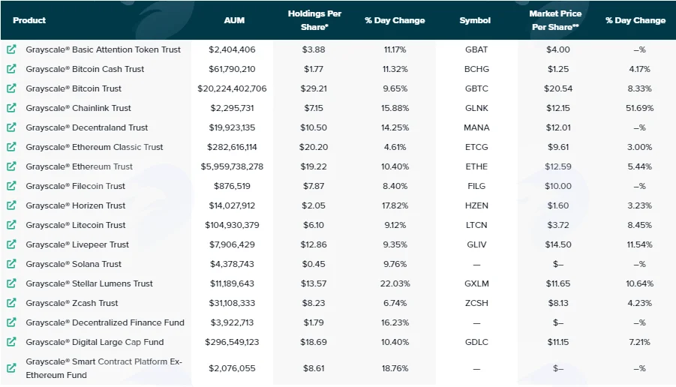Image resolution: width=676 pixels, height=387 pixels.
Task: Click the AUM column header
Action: pyautogui.click(x=234, y=20)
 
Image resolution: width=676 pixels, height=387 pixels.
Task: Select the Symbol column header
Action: pyautogui.click(x=475, y=20)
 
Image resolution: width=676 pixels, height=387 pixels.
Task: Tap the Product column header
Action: pyautogui.click(x=29, y=20)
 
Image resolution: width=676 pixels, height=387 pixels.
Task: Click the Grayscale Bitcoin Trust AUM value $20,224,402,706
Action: pyautogui.click(x=232, y=88)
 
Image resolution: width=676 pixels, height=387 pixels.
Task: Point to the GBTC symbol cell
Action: pyautogui.click(x=476, y=88)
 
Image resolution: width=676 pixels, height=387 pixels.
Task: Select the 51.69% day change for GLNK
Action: pyautogui.click(x=639, y=108)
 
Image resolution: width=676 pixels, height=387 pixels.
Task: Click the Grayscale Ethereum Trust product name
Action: pyautogui.click(x=79, y=166)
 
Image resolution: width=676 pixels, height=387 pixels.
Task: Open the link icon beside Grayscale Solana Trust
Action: pyautogui.click(x=11, y=264)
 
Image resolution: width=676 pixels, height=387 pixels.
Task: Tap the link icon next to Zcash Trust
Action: pyautogui.click(x=11, y=303)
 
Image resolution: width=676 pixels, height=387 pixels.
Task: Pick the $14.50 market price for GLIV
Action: pyautogui.click(x=558, y=244)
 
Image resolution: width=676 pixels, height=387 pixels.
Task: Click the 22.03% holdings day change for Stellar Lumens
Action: pyautogui.click(x=395, y=283)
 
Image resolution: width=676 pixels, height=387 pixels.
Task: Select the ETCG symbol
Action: pyautogui.click(x=476, y=147)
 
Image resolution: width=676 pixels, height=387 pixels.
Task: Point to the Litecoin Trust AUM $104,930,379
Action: pyautogui.click(x=232, y=225)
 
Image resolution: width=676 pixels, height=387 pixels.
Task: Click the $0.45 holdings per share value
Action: pyautogui.click(x=314, y=264)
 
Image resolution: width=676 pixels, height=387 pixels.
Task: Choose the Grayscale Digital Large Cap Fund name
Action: pyautogui.click(x=95, y=342)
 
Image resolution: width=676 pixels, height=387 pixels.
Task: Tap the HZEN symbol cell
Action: pyautogui.click(x=476, y=205)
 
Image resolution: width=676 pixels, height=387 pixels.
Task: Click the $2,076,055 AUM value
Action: pyautogui.click(x=232, y=368)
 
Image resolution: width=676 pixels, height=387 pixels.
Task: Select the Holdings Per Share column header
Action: pyautogui.click(x=314, y=20)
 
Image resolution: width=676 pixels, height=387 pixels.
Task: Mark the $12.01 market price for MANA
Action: pyautogui.click(x=558, y=127)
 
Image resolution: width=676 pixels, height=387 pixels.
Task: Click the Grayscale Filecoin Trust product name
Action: pyautogui.click(x=75, y=186)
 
